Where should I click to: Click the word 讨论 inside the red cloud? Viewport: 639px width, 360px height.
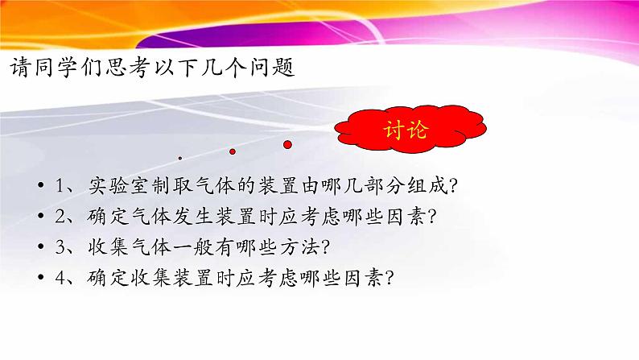(x=407, y=130)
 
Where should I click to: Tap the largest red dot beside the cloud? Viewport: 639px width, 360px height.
(x=287, y=144)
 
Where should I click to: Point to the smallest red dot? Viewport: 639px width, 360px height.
(x=180, y=158)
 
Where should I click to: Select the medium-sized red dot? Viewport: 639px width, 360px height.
(x=233, y=151)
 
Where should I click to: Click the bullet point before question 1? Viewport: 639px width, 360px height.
(x=41, y=187)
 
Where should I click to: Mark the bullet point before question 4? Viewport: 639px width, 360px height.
(x=41, y=279)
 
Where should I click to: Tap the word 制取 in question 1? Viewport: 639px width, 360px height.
(x=179, y=186)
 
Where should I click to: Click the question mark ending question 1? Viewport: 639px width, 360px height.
(x=454, y=187)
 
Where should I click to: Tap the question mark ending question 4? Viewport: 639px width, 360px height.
(x=390, y=279)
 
